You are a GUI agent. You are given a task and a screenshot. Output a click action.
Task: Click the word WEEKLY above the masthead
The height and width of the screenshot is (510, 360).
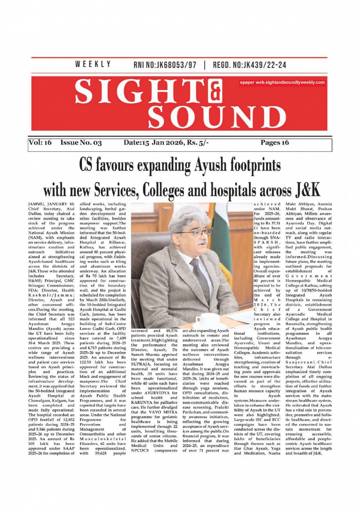point(93,64)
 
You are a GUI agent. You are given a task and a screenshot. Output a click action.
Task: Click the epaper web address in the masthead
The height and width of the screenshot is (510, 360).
point(282,82)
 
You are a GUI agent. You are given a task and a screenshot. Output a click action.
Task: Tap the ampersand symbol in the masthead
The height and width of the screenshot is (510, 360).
point(215,91)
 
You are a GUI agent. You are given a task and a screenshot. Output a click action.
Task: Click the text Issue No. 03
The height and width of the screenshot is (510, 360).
point(81,143)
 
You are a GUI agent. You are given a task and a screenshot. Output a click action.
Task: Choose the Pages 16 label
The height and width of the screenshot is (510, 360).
point(275,143)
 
